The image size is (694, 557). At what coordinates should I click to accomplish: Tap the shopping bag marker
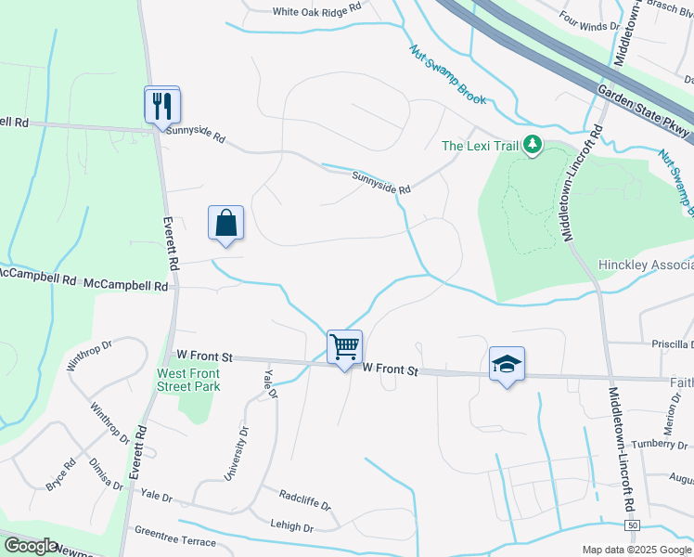(x=225, y=223)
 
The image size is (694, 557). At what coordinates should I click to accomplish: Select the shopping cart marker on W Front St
(x=344, y=347)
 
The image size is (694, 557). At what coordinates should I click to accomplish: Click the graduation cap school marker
(x=507, y=364)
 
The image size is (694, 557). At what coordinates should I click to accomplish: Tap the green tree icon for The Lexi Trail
(x=532, y=145)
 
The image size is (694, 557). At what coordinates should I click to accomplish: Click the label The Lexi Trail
(x=479, y=146)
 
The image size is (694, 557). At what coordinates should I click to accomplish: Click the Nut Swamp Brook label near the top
(x=447, y=74)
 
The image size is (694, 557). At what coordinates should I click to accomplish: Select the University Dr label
(x=237, y=454)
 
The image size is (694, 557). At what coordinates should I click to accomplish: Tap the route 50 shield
(x=632, y=526)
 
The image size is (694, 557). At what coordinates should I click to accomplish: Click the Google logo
(x=31, y=546)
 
